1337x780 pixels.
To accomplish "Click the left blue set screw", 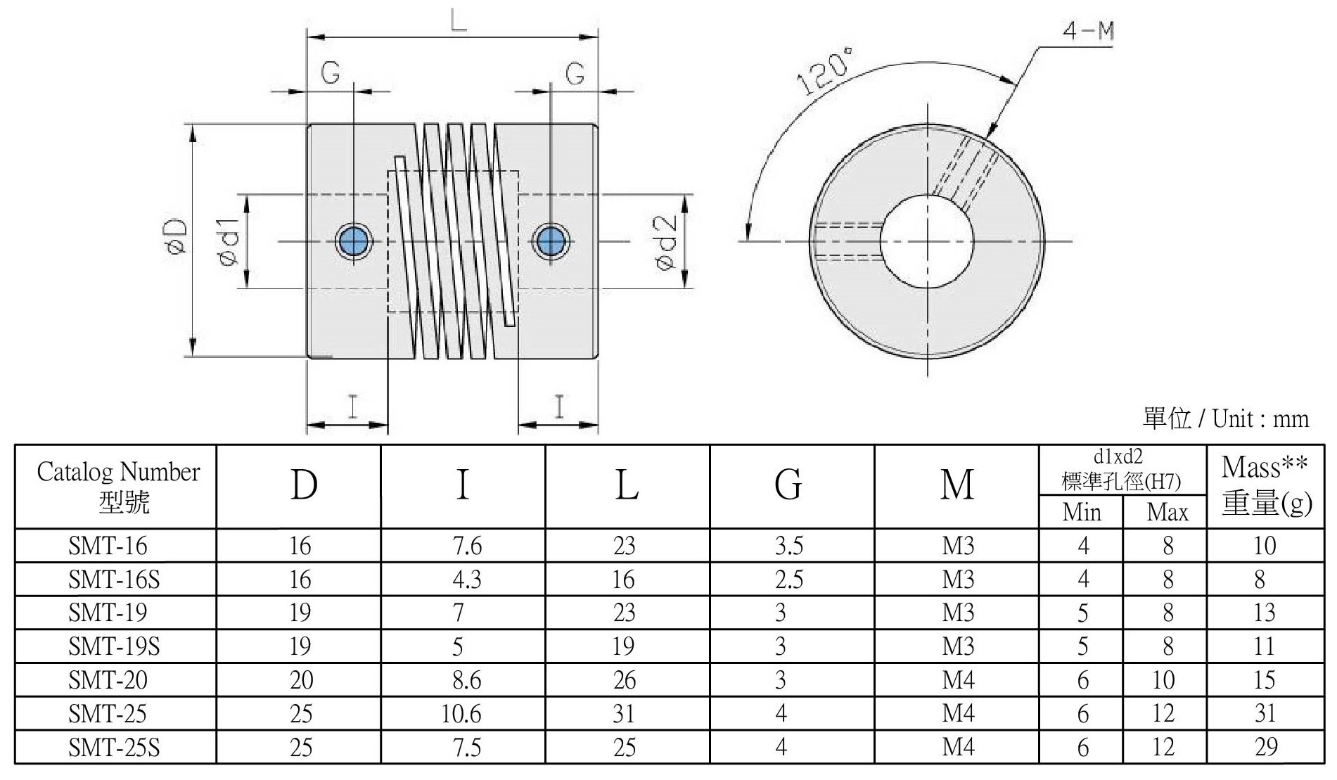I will click(x=353, y=241).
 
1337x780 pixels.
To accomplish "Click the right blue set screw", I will click(x=551, y=241).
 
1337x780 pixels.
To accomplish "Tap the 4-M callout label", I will click(x=1088, y=31).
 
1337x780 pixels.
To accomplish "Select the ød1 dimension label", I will click(x=230, y=241).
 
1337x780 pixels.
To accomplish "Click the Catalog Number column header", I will click(x=117, y=485).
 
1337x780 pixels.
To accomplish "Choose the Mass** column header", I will click(x=1265, y=485).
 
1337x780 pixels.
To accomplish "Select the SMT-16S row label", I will click(x=114, y=579).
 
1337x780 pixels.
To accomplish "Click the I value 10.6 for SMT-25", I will click(x=461, y=714).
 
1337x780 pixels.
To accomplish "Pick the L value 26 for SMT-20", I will click(x=624, y=680).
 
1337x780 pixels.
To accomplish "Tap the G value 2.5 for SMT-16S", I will click(x=788, y=579).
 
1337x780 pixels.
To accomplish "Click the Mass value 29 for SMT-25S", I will click(x=1265, y=747).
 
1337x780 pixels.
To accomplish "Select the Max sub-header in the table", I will click(x=1167, y=512).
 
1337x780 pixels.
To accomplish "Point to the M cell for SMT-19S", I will click(x=958, y=646).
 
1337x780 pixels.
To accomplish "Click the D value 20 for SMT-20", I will click(x=300, y=680).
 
